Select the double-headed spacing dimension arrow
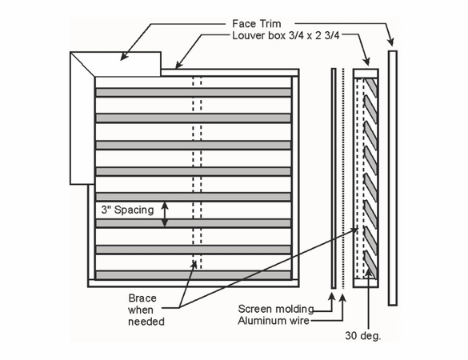point(166,213)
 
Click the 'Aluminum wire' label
point(275,321)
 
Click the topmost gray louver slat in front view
point(193,92)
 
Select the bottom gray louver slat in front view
point(193,274)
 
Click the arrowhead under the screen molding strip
point(334,295)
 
